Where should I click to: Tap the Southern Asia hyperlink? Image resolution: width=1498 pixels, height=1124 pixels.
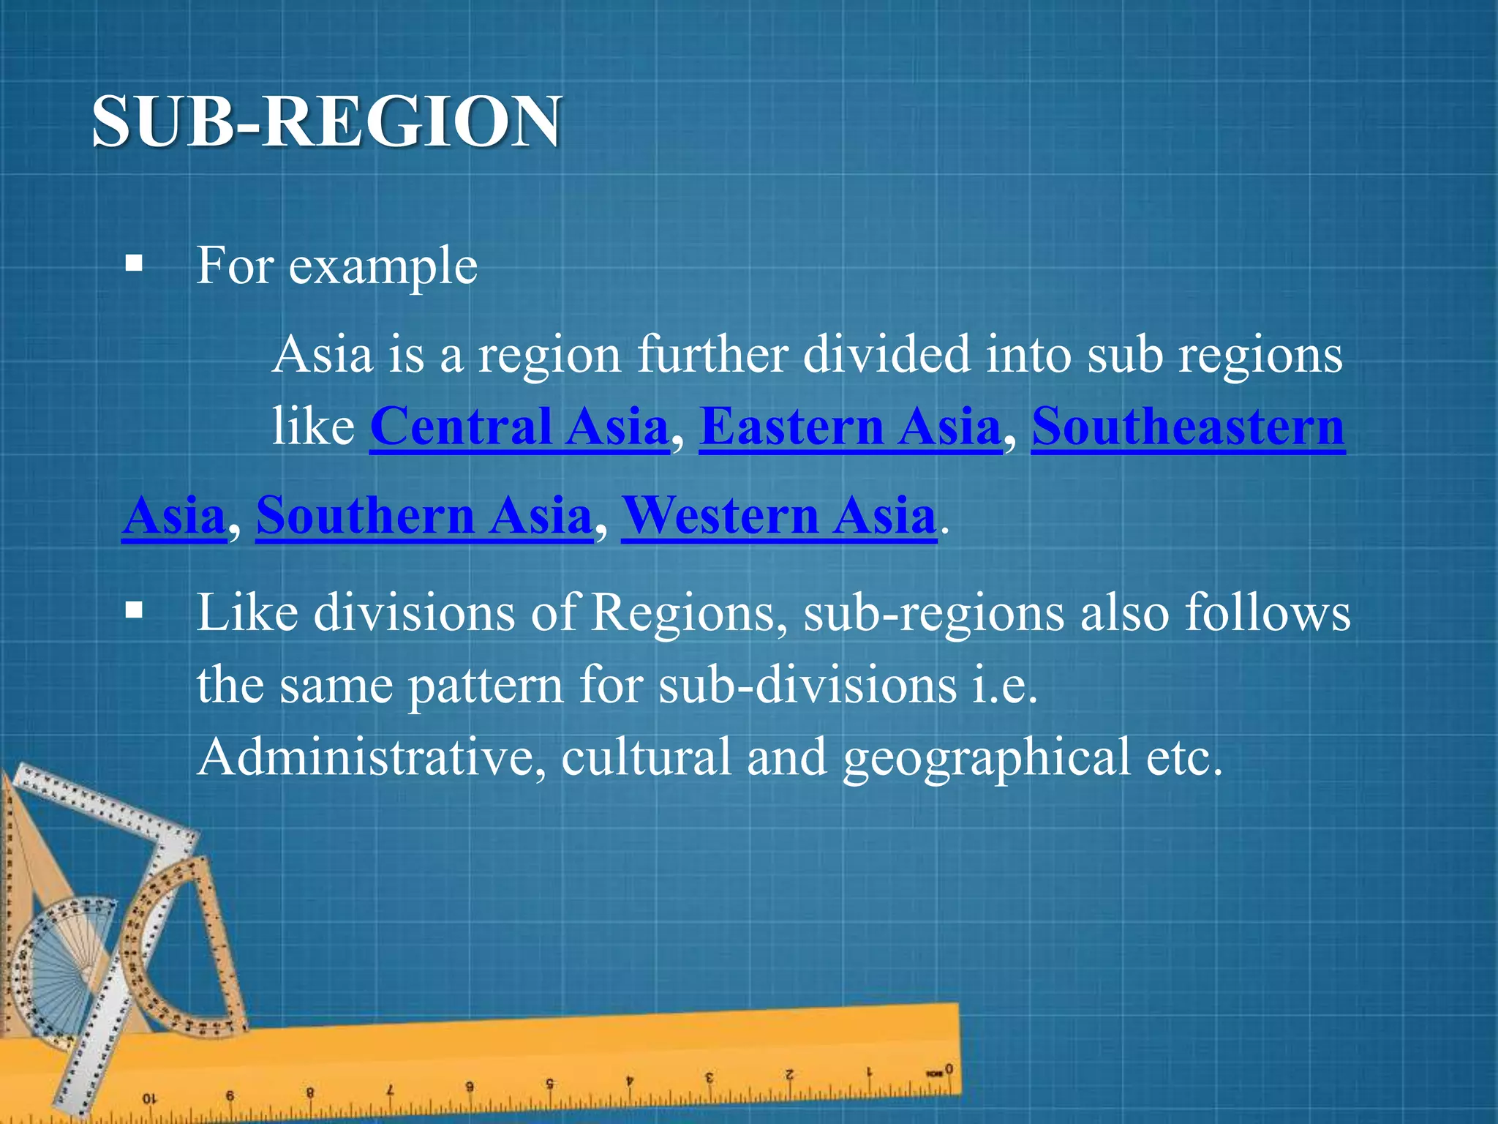(x=424, y=516)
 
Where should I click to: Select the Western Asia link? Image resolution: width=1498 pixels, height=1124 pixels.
(x=779, y=516)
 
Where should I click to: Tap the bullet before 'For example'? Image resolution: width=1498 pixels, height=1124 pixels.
(x=134, y=263)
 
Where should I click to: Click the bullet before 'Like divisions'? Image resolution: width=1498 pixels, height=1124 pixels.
(x=134, y=610)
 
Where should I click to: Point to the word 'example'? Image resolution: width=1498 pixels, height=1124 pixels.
(x=383, y=266)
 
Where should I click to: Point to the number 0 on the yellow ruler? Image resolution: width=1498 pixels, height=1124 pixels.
(x=949, y=1069)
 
